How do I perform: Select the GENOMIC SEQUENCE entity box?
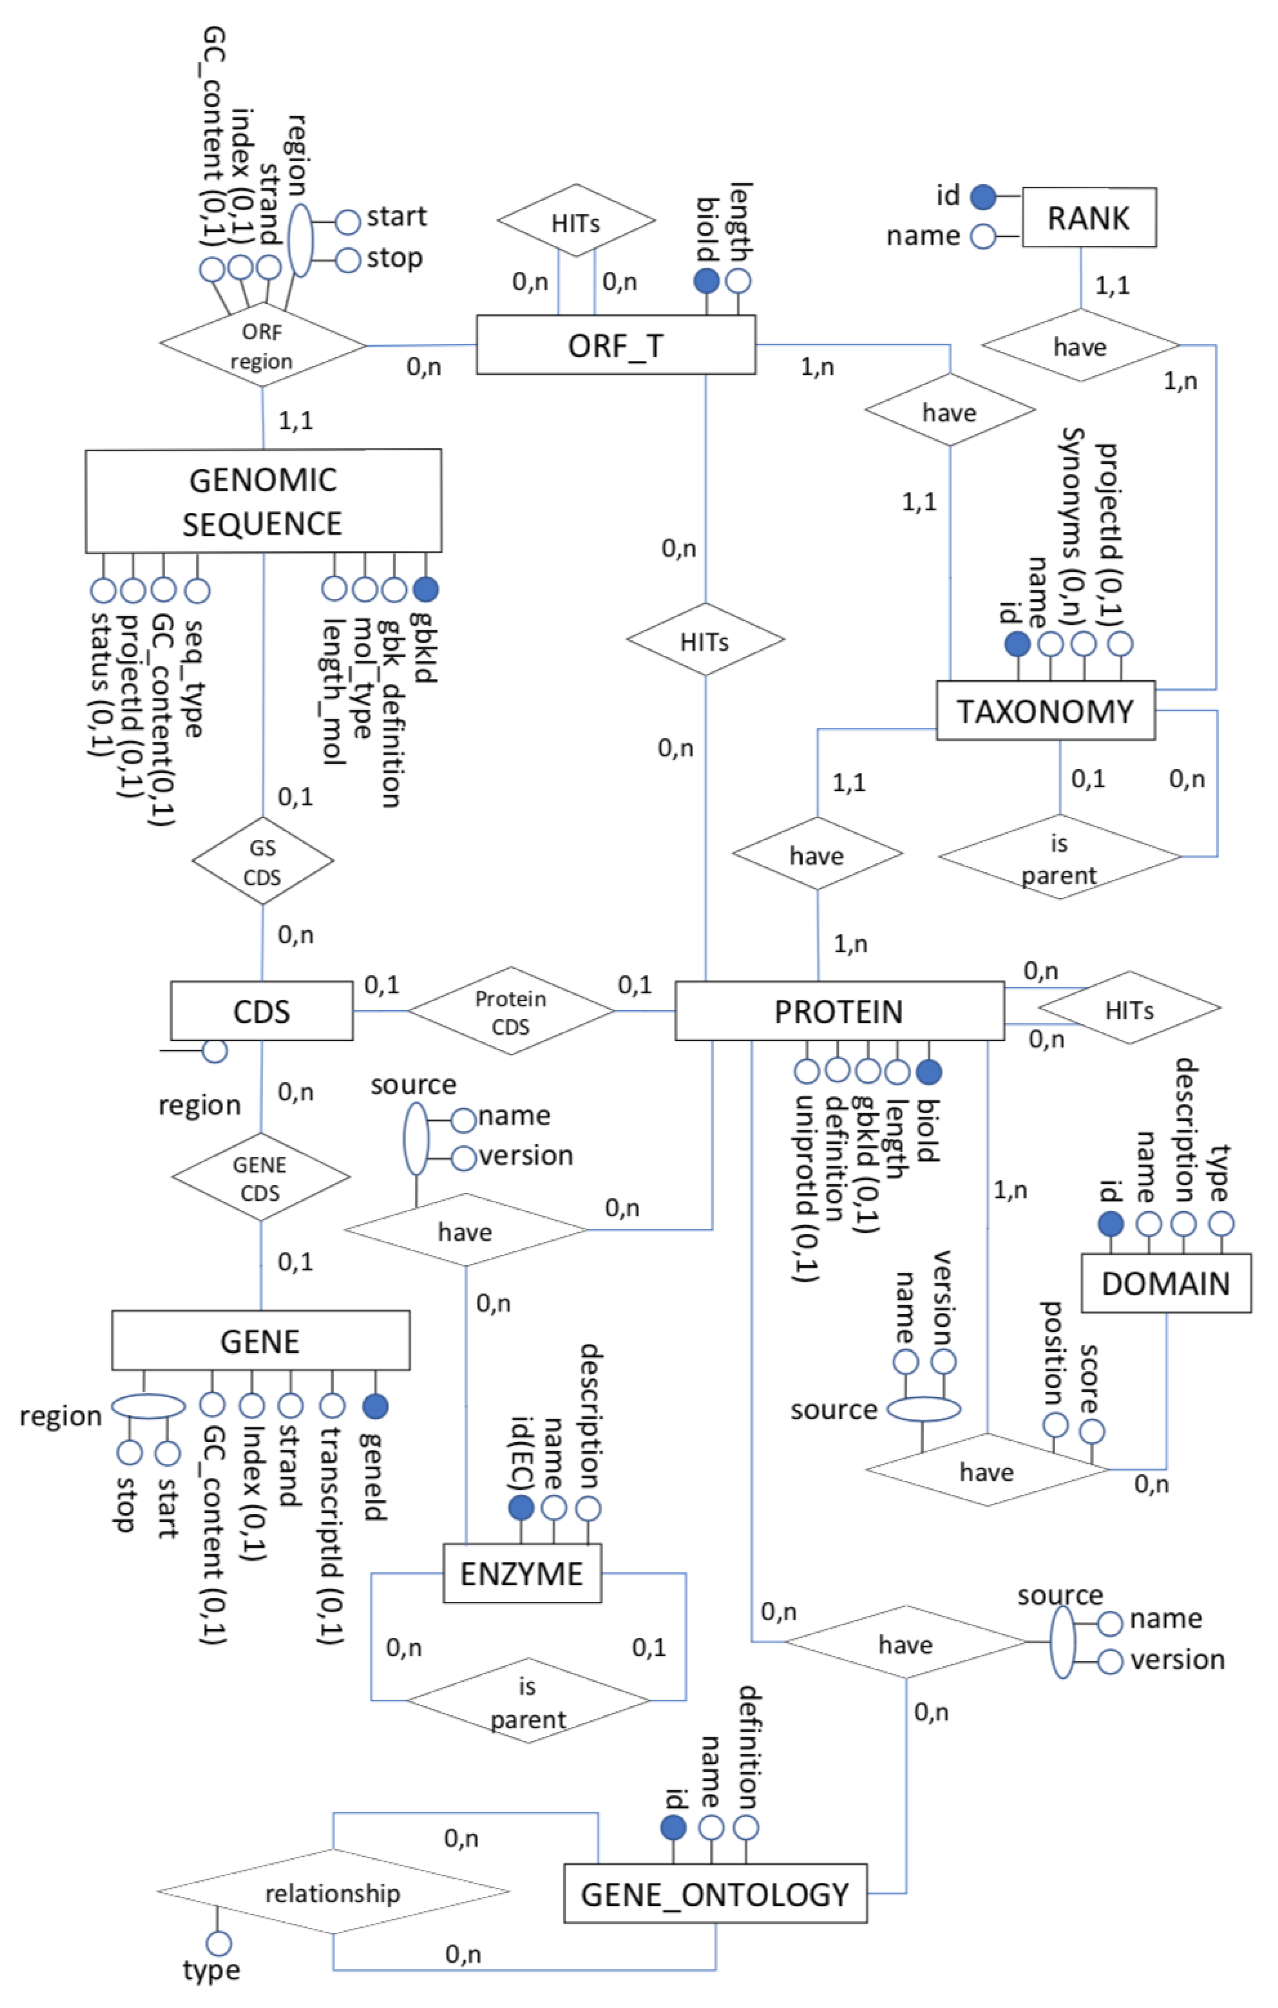[x=264, y=501]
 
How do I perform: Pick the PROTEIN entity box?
[x=839, y=1011]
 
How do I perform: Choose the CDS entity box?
[x=262, y=1011]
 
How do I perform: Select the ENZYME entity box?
[x=522, y=1573]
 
